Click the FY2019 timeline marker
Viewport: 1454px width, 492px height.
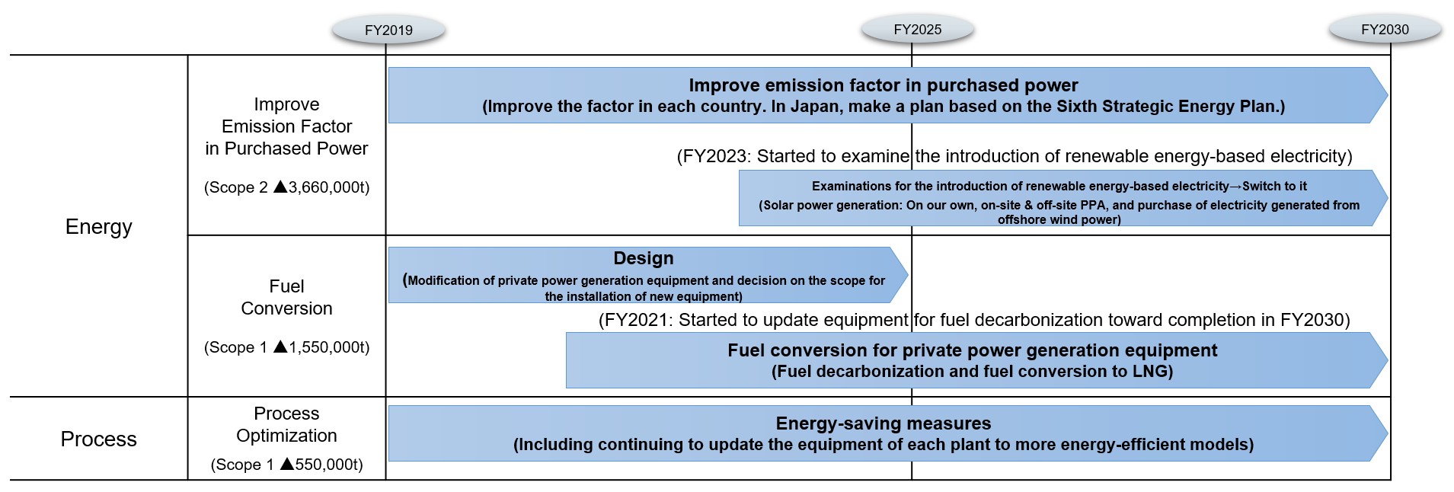(x=388, y=30)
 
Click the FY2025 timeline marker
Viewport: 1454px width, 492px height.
(x=917, y=29)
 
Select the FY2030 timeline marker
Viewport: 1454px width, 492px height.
(x=1385, y=29)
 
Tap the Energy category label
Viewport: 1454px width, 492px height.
(x=99, y=227)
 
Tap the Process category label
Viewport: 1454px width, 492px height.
(x=99, y=439)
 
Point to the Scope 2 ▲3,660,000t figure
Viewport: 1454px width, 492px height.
(x=287, y=187)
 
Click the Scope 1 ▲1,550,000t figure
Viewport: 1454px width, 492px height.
(x=287, y=347)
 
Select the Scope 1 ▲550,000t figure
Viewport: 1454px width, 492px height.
(x=287, y=465)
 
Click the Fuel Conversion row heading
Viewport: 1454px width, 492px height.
(x=287, y=297)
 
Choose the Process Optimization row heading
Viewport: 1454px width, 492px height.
(x=287, y=424)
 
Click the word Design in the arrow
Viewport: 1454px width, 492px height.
(x=644, y=258)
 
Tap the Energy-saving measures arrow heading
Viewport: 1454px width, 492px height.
(x=884, y=423)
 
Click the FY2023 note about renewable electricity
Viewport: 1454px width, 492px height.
(x=1015, y=156)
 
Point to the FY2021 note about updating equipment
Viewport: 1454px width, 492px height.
(x=974, y=320)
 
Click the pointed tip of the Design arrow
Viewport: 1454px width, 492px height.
(x=907, y=275)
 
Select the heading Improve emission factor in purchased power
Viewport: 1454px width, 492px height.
(x=884, y=85)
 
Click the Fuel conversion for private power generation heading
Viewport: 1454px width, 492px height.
(x=973, y=350)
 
